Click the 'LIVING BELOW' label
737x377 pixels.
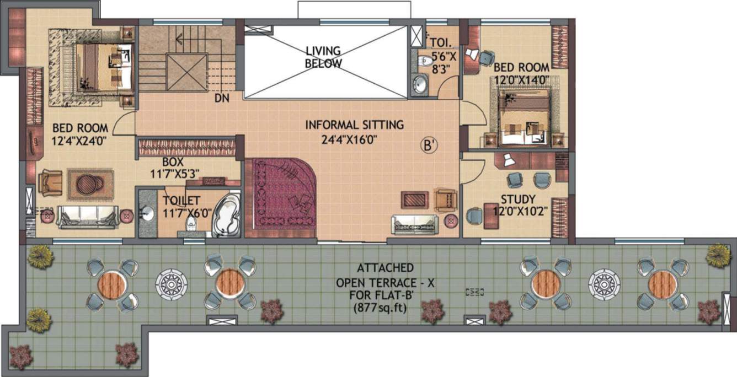point(323,57)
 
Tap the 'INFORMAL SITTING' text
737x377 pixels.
point(354,125)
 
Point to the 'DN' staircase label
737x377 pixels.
point(221,99)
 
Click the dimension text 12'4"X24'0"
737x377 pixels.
point(79,141)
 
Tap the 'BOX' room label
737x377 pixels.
point(173,163)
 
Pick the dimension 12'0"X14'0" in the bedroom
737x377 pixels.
point(521,78)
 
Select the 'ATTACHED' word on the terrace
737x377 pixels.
point(386,268)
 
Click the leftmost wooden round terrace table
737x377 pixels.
point(113,284)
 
